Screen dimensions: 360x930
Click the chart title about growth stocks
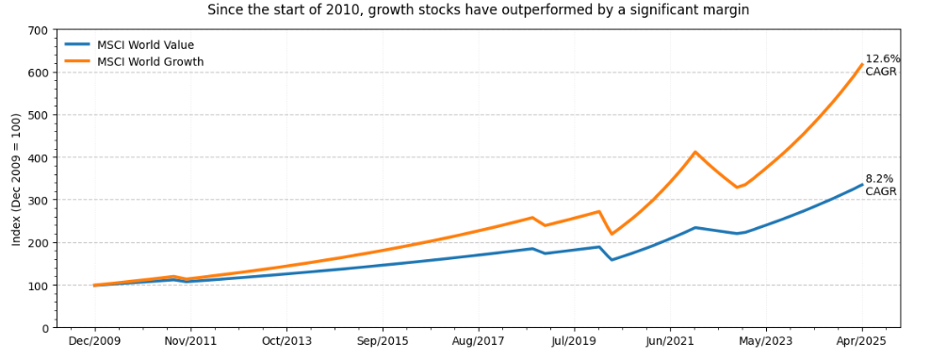[478, 10]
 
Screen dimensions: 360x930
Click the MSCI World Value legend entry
[145, 45]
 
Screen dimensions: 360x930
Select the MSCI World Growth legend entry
[150, 62]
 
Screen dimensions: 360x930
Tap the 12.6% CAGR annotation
[882, 65]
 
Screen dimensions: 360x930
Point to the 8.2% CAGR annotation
[880, 185]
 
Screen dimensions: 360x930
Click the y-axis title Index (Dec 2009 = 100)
[16, 179]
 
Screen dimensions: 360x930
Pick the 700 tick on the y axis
[39, 30]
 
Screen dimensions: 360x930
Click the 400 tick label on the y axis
[39, 157]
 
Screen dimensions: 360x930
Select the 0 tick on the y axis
[45, 328]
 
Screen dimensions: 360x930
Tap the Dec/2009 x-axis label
[94, 342]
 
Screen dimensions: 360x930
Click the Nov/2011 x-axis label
[190, 342]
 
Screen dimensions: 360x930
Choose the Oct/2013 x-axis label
[286, 342]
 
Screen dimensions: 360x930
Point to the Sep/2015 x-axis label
[382, 342]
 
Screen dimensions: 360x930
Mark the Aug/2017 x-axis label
[478, 342]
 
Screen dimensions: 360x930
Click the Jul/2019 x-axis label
[574, 342]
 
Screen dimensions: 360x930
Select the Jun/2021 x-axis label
[670, 342]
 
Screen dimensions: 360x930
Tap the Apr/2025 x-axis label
[861, 342]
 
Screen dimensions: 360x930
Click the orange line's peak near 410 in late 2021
[695, 152]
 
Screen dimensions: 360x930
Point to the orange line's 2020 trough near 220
[612, 234]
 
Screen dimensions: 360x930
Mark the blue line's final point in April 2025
[862, 185]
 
